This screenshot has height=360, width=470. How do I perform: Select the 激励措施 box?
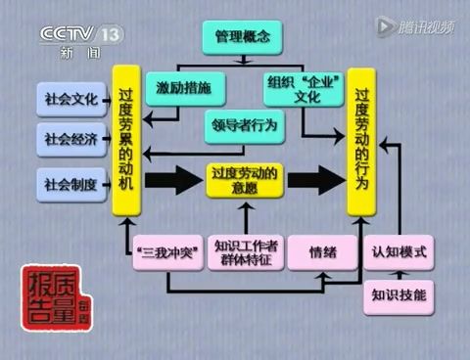(x=190, y=88)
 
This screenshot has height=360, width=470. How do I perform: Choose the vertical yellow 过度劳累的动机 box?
(x=125, y=140)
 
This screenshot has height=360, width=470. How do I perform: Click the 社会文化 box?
(x=71, y=99)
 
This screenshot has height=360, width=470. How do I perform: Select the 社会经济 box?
(x=71, y=140)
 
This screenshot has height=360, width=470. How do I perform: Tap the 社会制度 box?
(x=71, y=183)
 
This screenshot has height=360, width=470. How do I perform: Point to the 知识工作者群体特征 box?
(x=246, y=252)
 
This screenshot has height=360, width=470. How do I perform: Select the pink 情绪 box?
(x=322, y=252)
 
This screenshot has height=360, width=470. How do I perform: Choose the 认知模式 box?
(x=399, y=252)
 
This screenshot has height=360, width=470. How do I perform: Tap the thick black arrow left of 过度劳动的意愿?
(x=168, y=181)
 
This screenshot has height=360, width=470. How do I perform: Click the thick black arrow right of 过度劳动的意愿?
(x=316, y=181)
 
